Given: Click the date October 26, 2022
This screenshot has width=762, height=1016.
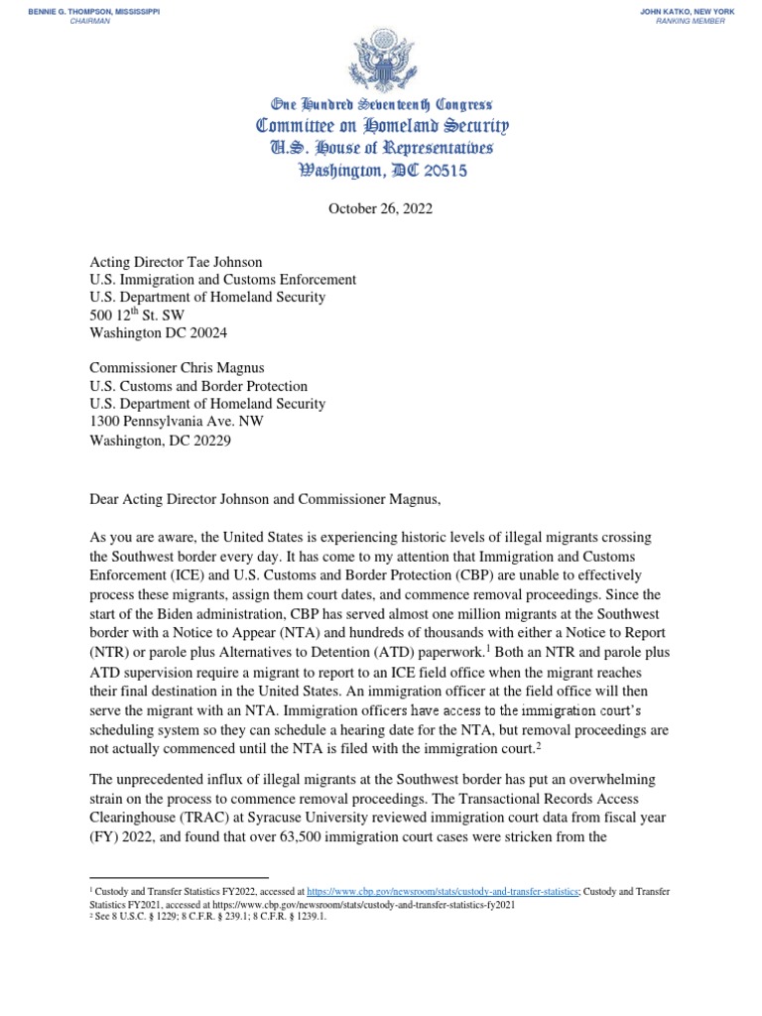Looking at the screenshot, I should point(382,210).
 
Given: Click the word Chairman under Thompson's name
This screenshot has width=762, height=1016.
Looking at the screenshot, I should point(88,21).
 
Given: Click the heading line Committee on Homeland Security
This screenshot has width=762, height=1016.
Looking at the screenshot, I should point(382,126).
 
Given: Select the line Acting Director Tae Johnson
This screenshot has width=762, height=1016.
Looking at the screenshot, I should point(176,263).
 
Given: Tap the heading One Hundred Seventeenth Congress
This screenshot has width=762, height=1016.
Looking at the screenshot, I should point(382,104).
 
